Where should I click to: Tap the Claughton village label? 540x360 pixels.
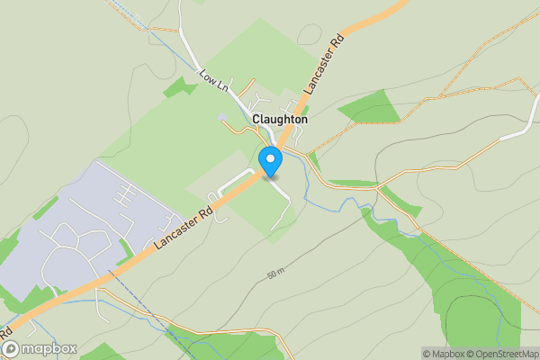click(x=280, y=119)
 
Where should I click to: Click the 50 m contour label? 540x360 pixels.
click(x=275, y=272)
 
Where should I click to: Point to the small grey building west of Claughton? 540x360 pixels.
click(x=222, y=117)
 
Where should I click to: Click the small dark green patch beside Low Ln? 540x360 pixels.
click(x=181, y=88)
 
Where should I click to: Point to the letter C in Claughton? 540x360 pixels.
click(x=257, y=119)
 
